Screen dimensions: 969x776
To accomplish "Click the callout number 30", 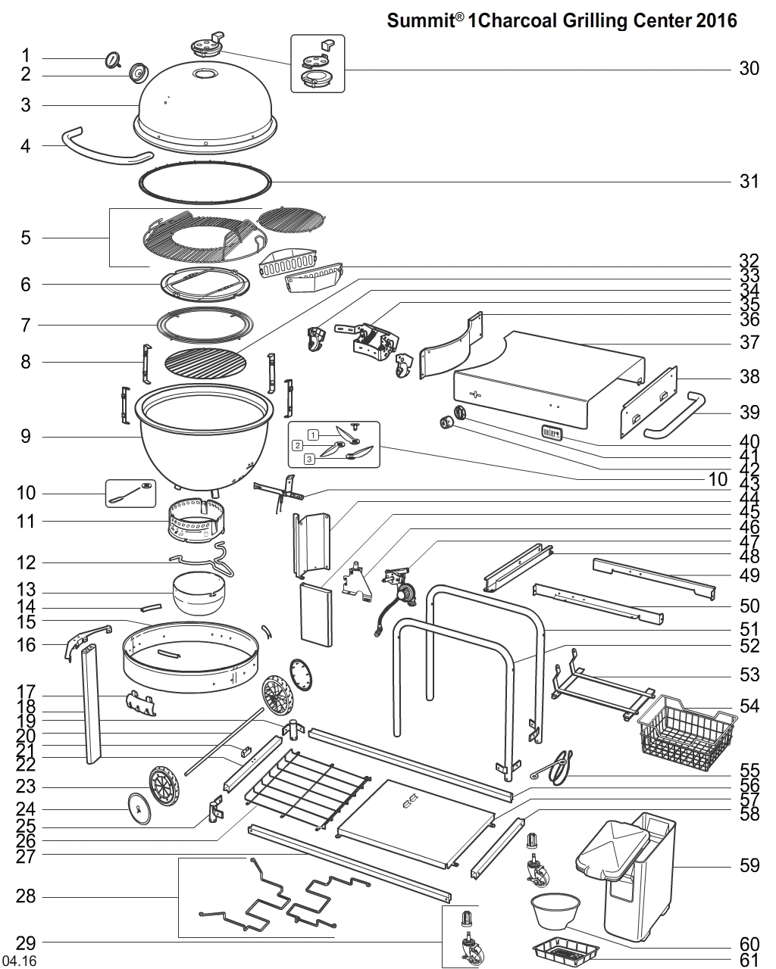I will [749, 69].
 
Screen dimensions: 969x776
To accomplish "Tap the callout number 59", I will [749, 865].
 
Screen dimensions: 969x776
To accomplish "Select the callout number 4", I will [26, 145].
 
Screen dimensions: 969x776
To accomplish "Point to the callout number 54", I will [749, 706].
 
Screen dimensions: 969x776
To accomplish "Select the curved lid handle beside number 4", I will [106, 148].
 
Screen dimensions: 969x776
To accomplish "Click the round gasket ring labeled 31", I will [205, 182].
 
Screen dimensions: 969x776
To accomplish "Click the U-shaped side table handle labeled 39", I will [671, 416].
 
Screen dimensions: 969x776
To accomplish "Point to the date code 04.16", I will [19, 961].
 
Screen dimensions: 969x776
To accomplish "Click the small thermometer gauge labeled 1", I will [113, 59].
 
